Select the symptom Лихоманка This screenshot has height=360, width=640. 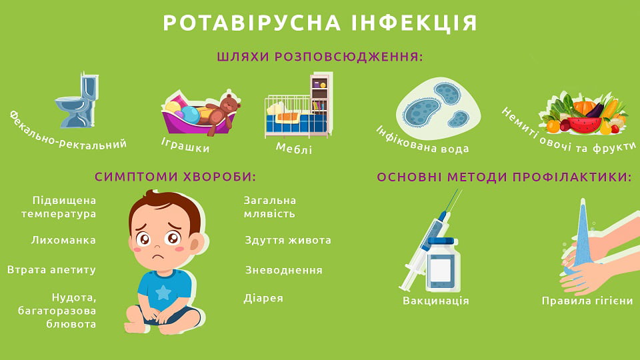pos(63,240)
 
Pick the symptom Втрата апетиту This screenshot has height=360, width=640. pos(52,270)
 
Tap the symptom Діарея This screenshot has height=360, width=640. pos(263,298)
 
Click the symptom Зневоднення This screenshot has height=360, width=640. pos(283,270)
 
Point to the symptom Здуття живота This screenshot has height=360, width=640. pos(287,240)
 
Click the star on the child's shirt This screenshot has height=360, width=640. pos(162,291)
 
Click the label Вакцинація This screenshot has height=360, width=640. pos(436,301)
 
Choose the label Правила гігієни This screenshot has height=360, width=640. pos(587,301)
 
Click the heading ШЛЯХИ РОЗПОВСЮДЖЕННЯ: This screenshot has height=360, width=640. pos(320,57)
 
